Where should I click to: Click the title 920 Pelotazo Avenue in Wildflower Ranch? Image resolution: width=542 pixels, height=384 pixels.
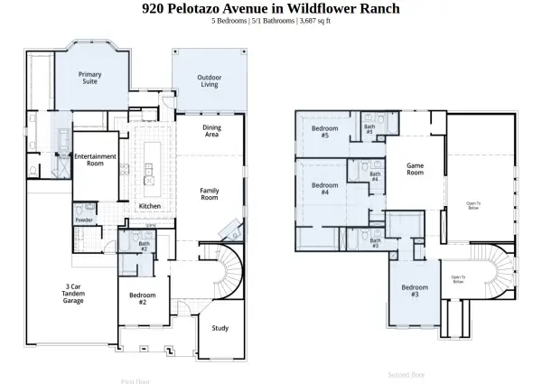271,9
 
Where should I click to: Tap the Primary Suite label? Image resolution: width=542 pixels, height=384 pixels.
89,78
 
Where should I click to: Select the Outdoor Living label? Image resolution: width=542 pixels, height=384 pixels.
209,81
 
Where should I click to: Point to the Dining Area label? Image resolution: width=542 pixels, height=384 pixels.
211,131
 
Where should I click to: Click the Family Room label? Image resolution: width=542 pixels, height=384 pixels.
210,193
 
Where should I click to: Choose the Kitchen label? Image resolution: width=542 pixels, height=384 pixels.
150,206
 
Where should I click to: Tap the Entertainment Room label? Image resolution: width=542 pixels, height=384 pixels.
95,160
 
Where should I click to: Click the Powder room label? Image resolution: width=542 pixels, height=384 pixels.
84,220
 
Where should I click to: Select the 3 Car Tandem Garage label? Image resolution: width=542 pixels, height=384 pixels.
73,293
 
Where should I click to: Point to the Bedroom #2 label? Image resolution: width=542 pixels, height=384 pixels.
143,298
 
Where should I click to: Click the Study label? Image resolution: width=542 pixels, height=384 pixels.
220,328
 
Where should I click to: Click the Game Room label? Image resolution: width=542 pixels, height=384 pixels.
415,169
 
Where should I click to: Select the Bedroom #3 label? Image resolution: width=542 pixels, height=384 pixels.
415,291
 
